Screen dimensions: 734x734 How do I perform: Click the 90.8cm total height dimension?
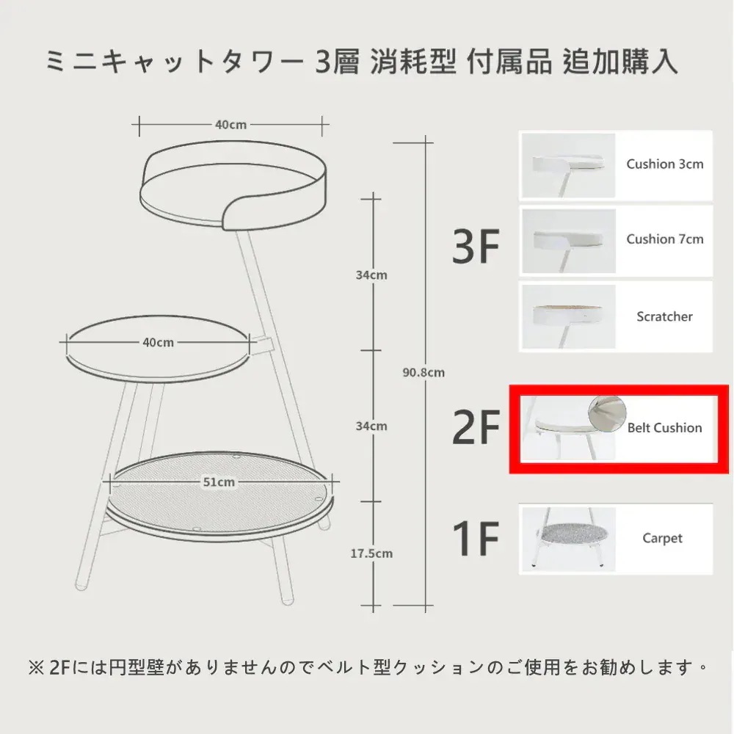tap(424, 373)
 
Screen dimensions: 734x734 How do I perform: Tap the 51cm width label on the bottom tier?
tap(219, 482)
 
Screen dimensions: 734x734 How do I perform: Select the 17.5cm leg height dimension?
tap(371, 553)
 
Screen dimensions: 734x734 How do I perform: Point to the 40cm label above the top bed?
tap(230, 125)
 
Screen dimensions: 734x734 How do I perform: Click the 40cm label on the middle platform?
tap(159, 342)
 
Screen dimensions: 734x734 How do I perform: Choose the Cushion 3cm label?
tap(665, 164)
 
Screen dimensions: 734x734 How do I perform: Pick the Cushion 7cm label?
tap(665, 239)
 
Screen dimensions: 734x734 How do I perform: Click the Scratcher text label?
tap(664, 316)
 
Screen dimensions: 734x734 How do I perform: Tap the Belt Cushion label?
tap(665, 427)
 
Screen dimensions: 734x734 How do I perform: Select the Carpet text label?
tap(662, 538)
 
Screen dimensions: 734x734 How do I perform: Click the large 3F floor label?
tap(476, 246)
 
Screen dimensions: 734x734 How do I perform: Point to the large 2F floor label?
tap(476, 426)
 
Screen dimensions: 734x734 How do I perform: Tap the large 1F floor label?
tap(476, 538)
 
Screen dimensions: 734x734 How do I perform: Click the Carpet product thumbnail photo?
tap(568, 539)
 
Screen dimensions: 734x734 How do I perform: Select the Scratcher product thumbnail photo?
tap(568, 317)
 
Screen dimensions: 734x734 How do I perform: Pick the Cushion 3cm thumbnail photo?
tap(568, 165)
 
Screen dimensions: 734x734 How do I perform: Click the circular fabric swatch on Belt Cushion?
tap(607, 414)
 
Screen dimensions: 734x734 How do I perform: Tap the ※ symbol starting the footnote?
tap(36, 667)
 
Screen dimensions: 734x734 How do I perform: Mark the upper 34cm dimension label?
tap(371, 275)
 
